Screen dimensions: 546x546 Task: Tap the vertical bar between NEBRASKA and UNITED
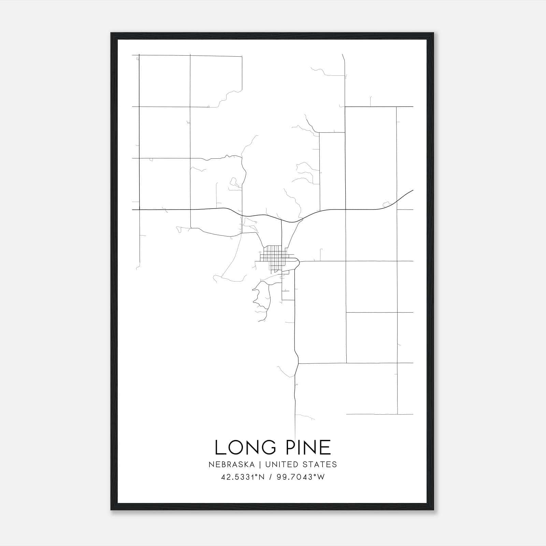(260, 464)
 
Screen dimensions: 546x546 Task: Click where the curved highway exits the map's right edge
(413, 190)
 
